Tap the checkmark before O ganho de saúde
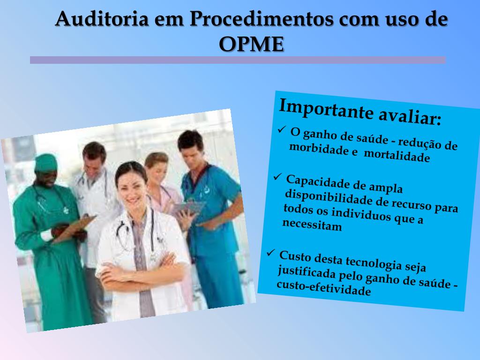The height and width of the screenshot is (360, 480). pos(282,129)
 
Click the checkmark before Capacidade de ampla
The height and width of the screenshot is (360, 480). pos(277,177)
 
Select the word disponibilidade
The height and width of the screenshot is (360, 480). pos(329,195)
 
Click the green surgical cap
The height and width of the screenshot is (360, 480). pos(45,162)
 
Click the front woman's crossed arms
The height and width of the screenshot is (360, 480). pos(136,274)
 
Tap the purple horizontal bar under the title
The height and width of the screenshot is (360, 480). pos(238,60)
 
